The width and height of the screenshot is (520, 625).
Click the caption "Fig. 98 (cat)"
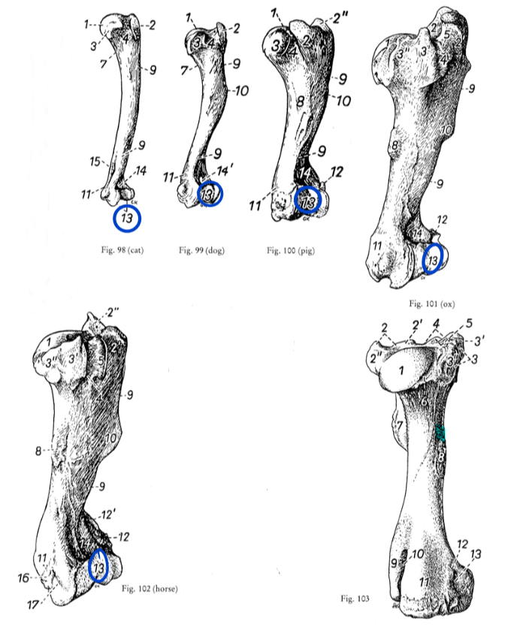pos(121,249)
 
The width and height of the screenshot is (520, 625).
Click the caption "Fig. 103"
pos(354,598)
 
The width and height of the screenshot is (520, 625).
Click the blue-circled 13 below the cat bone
pos(127,219)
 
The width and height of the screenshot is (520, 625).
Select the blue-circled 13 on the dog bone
pos(209,195)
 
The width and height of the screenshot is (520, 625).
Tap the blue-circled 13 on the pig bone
pos(307,199)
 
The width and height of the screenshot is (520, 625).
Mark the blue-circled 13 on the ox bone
pos(432,260)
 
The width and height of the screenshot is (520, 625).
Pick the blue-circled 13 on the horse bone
pos(98,567)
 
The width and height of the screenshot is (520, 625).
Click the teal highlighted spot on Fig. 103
pos(441,433)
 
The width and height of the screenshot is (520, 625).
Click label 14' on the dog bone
pos(223,172)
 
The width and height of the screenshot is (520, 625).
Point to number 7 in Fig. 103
pos(400,427)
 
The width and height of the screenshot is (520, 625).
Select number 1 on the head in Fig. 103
pos(401,370)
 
